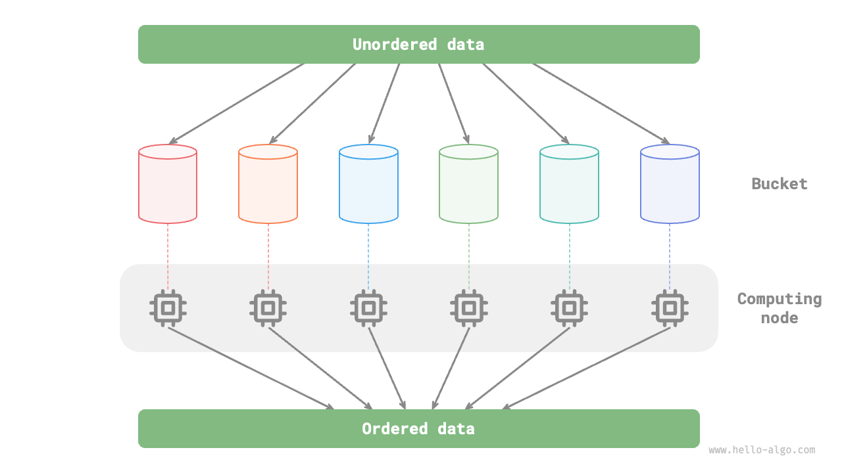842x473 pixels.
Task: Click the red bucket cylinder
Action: click(168, 185)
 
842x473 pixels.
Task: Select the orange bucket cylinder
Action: click(268, 185)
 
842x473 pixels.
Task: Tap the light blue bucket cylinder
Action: click(368, 185)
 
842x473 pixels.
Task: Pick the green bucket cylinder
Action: click(468, 185)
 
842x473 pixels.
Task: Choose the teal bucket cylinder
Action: click(569, 185)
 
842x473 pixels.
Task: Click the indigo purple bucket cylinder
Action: click(670, 185)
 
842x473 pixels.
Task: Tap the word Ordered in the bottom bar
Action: click(394, 429)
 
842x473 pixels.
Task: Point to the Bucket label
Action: click(779, 184)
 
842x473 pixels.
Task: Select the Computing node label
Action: click(779, 308)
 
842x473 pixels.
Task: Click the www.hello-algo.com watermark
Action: click(762, 451)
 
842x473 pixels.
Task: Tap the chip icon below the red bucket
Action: click(168, 307)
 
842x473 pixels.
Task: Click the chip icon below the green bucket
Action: click(468, 307)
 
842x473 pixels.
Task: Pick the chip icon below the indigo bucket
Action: click(670, 307)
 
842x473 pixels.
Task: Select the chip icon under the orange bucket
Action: click(268, 307)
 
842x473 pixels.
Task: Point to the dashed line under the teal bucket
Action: click(569, 256)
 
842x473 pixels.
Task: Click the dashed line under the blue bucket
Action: click(368, 256)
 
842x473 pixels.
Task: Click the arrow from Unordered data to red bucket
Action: click(237, 103)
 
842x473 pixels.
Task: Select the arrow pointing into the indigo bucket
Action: click(601, 103)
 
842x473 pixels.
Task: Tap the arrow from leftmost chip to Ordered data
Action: click(250, 368)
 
